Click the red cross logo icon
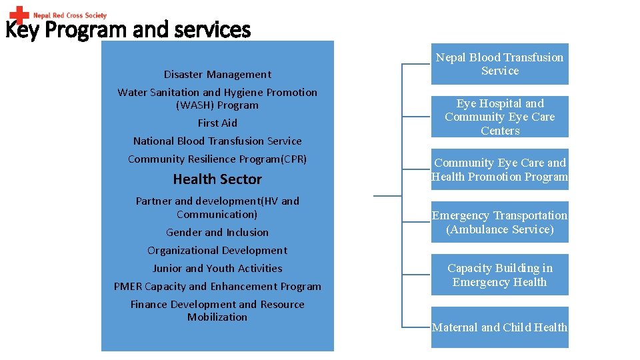19,15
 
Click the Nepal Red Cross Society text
70,15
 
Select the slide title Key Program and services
128,30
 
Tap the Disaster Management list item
217,75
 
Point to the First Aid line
217,123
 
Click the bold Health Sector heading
217,179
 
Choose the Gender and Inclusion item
217,233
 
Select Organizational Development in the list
217,251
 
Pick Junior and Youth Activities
217,269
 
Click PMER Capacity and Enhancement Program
217,287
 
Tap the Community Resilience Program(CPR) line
217,159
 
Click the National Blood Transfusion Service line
217,141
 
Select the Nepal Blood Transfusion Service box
499,64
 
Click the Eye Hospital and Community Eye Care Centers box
499,117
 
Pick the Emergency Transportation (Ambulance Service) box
499,222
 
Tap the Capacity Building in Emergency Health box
499,275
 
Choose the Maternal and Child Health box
499,327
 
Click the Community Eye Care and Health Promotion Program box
499,169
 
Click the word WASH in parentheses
193,105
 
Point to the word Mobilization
217,317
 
